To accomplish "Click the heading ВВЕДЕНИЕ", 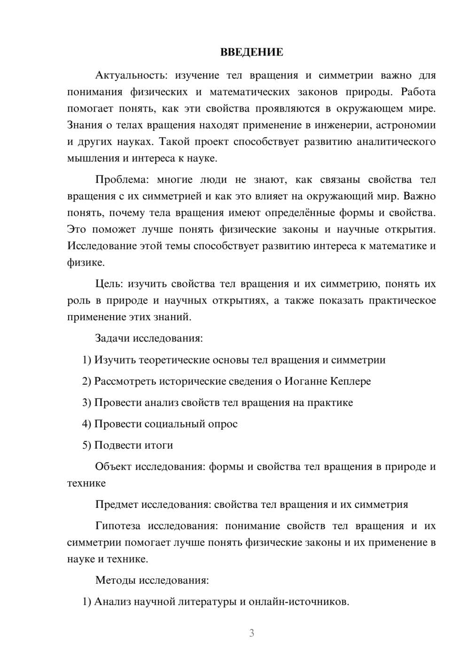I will click(251, 52).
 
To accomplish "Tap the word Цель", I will click(109, 284).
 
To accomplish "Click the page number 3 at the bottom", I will click(251, 633).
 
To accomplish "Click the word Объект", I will click(113, 467).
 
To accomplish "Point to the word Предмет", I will click(117, 505).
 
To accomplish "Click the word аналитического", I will click(396, 142).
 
